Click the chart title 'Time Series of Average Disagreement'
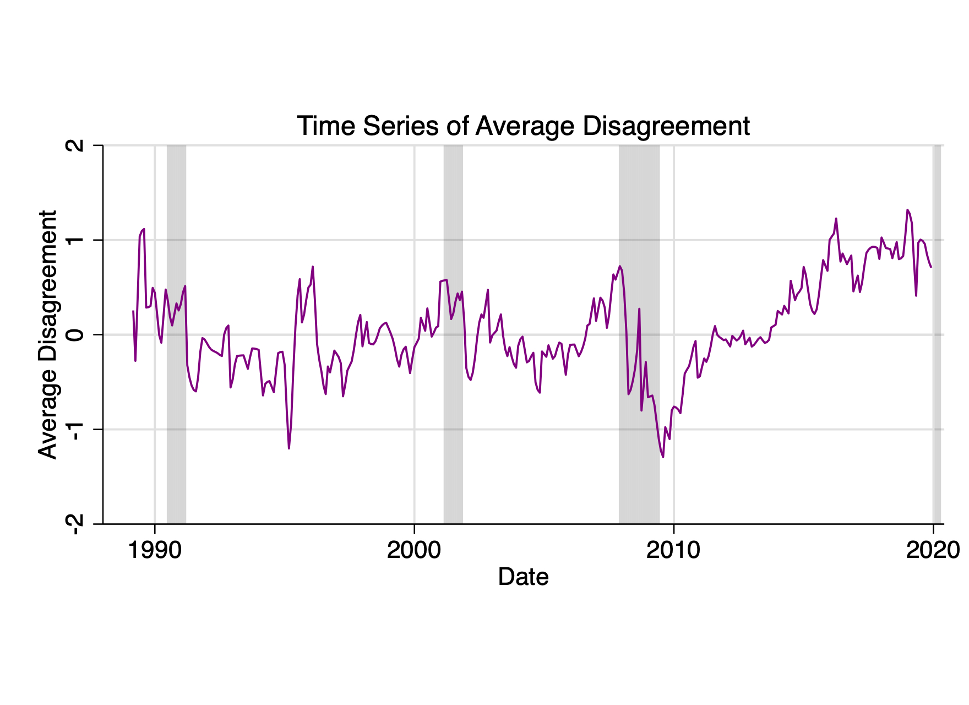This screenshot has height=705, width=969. click(523, 126)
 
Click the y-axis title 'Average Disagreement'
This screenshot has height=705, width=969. click(48, 334)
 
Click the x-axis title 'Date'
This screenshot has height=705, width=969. click(523, 577)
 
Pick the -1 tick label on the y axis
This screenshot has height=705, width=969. click(76, 430)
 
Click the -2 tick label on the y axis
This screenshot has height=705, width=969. click(76, 524)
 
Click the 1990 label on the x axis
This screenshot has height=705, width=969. click(155, 550)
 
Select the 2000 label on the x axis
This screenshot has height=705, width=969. click(414, 550)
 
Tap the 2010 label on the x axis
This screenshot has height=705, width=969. click(673, 550)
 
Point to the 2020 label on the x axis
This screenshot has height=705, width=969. click(932, 550)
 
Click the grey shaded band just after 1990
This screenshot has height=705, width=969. click(176, 386)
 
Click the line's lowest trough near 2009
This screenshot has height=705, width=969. click(663, 457)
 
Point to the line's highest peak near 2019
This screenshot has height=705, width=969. click(907, 210)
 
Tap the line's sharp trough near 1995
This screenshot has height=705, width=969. click(288, 448)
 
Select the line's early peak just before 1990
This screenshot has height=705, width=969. click(144, 229)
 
